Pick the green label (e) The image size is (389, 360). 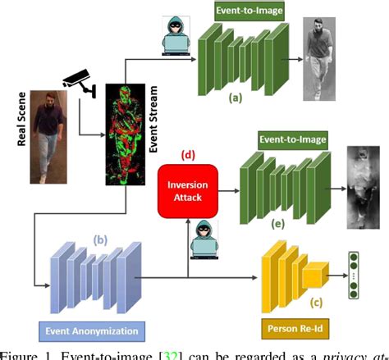(x=279, y=221)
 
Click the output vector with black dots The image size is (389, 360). (x=355, y=276)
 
